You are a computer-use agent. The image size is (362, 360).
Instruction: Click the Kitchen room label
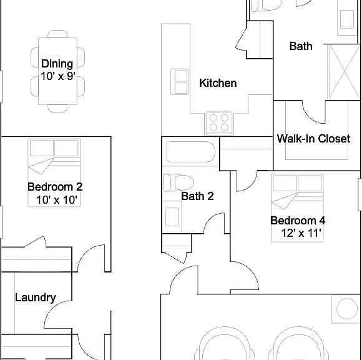click(x=218, y=83)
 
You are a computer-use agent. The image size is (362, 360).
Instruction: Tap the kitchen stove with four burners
click(x=218, y=123)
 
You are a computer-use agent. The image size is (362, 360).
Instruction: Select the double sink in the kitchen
click(x=179, y=82)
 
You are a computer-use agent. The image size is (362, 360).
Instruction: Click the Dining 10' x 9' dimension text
click(x=58, y=76)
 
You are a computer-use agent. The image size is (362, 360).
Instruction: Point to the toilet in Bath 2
click(x=179, y=182)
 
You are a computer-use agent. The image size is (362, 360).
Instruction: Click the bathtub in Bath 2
click(x=191, y=152)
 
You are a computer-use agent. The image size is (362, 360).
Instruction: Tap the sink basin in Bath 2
click(x=172, y=217)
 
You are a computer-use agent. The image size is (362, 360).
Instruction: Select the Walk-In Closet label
click(x=313, y=138)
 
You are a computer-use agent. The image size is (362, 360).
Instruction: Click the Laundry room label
click(x=36, y=297)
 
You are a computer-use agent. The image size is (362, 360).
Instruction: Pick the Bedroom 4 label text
click(x=298, y=221)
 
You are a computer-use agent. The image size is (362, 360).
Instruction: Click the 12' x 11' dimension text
click(x=301, y=233)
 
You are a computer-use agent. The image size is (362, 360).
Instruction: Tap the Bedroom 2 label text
click(x=55, y=187)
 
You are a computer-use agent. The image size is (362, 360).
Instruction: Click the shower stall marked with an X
click(x=344, y=72)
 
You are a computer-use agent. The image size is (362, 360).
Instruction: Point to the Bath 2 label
click(x=197, y=196)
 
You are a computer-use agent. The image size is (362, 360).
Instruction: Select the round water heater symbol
click(x=347, y=309)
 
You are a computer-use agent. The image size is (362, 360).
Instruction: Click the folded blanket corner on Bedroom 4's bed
click(x=284, y=201)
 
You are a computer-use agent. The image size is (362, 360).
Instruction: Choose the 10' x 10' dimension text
click(x=57, y=199)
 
